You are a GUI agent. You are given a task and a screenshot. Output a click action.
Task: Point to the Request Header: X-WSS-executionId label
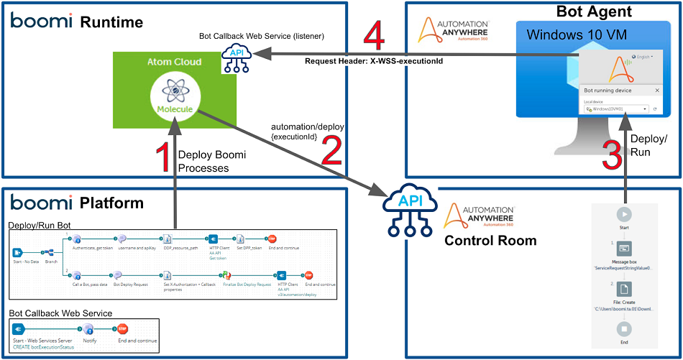(373, 62)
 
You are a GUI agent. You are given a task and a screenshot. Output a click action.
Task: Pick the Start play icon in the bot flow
(624, 214)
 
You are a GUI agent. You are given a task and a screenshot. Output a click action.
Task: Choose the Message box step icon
(624, 249)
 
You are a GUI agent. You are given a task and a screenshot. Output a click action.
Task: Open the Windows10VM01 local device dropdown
(615, 109)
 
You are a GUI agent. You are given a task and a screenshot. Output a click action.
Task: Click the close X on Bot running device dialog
(656, 91)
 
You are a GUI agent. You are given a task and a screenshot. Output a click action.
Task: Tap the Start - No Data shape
(18, 252)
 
